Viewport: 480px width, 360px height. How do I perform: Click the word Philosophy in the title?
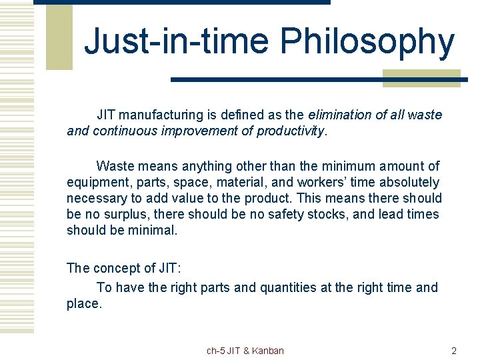[x=367, y=42]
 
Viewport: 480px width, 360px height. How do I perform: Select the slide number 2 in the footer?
[x=454, y=351]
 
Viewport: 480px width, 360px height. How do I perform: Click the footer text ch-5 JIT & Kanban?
[x=245, y=351]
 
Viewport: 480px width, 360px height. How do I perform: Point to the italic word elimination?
[x=340, y=115]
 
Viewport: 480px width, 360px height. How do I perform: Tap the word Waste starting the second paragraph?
[x=115, y=166]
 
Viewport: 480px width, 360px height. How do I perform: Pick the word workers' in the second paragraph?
[x=321, y=182]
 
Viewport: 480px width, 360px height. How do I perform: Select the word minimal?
[x=154, y=230]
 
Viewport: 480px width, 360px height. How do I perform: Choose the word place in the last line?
[x=82, y=303]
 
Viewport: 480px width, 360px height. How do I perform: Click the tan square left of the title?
[x=59, y=37]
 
